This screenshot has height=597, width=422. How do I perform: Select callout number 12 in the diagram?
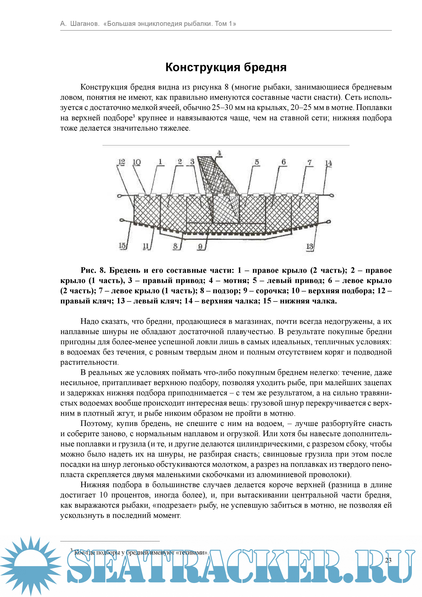tap(121, 162)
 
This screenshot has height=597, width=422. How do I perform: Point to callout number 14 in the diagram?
tap(328, 163)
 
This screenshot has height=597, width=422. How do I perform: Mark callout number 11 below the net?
tap(146, 246)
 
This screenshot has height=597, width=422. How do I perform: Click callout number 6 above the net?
tap(284, 162)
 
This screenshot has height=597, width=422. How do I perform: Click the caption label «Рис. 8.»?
tap(93, 270)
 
